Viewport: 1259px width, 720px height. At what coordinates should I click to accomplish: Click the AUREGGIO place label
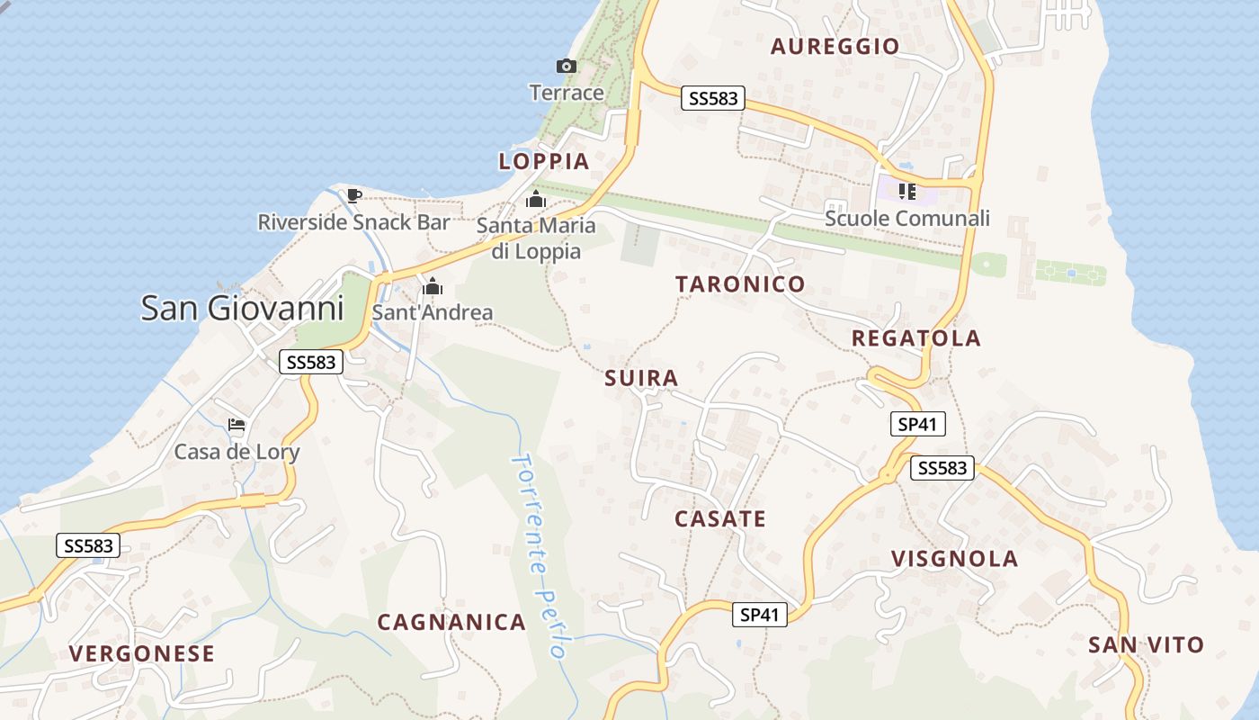click(835, 47)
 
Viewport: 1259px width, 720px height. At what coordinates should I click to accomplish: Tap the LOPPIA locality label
click(544, 162)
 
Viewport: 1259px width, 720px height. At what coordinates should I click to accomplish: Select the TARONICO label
click(740, 284)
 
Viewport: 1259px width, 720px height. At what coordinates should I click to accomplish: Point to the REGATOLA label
click(915, 338)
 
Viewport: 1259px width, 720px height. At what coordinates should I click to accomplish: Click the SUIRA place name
click(641, 378)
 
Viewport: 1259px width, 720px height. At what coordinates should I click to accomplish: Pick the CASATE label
click(719, 519)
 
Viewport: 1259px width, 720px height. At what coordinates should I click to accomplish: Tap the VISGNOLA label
click(954, 559)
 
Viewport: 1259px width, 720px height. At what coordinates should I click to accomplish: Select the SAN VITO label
click(1145, 645)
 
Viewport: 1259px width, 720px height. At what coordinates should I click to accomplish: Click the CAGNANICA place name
click(451, 622)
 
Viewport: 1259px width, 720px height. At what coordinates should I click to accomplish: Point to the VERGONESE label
click(142, 653)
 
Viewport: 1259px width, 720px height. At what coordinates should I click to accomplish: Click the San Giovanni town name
click(242, 309)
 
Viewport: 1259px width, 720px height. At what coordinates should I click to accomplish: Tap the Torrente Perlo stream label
click(540, 555)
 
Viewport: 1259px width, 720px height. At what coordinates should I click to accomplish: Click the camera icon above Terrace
click(566, 66)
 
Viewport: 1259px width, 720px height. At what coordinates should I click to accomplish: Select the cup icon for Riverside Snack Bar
click(354, 195)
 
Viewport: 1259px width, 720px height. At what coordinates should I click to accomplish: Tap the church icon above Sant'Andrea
click(433, 287)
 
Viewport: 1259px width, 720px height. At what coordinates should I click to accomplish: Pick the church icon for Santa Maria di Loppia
click(536, 199)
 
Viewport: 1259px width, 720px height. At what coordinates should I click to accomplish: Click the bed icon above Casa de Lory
click(237, 425)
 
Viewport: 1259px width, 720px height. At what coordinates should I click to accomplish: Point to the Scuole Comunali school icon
click(906, 191)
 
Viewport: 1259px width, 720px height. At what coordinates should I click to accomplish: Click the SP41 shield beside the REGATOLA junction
click(917, 424)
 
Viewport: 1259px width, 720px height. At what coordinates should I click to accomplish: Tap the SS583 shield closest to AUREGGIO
click(713, 98)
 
